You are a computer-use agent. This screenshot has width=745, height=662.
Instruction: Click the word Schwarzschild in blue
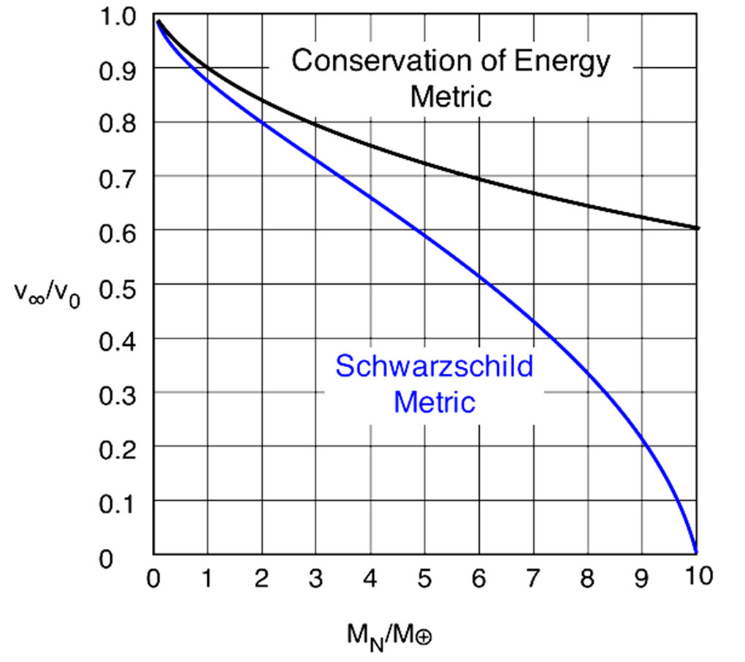coord(434,366)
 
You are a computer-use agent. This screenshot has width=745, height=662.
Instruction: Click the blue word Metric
coord(434,401)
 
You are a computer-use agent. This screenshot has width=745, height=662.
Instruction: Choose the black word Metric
coord(451,96)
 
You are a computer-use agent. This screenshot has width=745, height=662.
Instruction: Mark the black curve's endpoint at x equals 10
coord(698,228)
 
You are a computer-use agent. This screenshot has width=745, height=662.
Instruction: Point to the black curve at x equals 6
coord(479,177)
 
